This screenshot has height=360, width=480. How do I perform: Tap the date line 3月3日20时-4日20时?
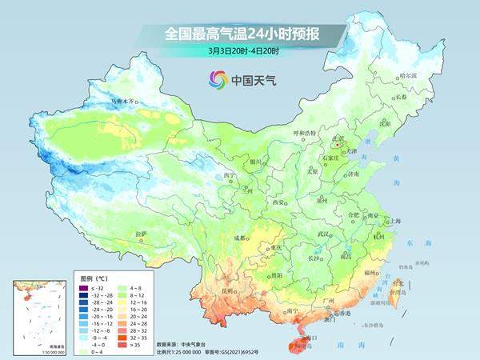coord(241,51)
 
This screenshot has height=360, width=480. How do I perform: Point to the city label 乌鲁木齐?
coord(124,102)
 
